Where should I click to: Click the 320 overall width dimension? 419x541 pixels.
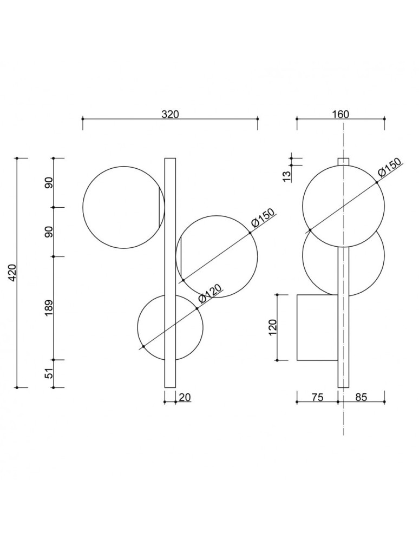[170, 114]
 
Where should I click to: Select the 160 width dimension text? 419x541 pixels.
[341, 114]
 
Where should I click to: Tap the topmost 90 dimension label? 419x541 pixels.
[49, 183]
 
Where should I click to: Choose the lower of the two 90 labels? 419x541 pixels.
[49, 232]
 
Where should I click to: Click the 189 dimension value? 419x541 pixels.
[49, 308]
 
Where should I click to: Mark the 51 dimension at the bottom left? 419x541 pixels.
[49, 374]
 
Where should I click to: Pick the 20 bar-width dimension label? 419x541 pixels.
[185, 397]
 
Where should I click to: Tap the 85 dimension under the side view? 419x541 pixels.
[361, 397]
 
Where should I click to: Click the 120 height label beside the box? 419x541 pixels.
[272, 327]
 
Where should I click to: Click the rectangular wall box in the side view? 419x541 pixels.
[317, 327]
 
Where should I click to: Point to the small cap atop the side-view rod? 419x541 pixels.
[343, 161]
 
